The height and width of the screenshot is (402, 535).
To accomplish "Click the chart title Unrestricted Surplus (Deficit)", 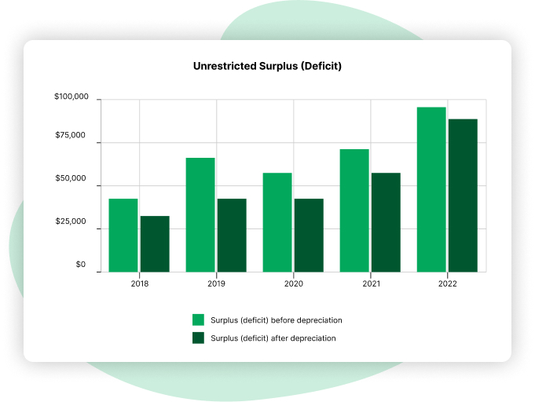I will click(267, 67).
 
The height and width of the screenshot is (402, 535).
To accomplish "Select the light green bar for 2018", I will click(123, 235).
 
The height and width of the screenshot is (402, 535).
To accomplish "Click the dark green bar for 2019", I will click(232, 235).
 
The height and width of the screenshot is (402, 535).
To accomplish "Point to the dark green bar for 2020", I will click(309, 235).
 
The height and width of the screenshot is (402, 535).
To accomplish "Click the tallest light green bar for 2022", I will click(431, 189).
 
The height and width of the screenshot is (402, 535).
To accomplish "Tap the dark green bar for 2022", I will click(463, 196).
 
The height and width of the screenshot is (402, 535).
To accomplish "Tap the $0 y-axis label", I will click(80, 265).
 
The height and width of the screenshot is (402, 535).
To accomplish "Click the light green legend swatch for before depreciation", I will click(198, 320).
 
